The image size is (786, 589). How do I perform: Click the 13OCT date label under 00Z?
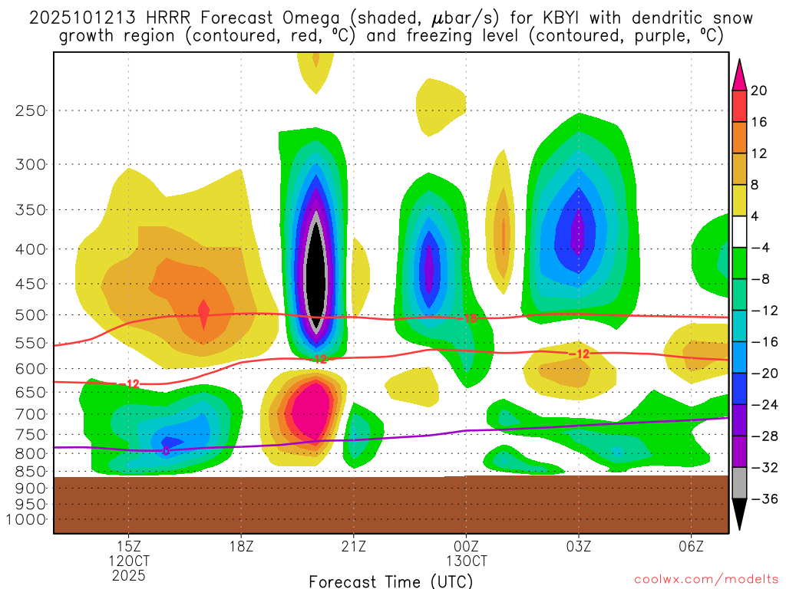click(466, 561)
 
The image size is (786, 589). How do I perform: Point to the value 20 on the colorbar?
click(759, 90)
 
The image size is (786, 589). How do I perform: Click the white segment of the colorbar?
click(739, 232)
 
